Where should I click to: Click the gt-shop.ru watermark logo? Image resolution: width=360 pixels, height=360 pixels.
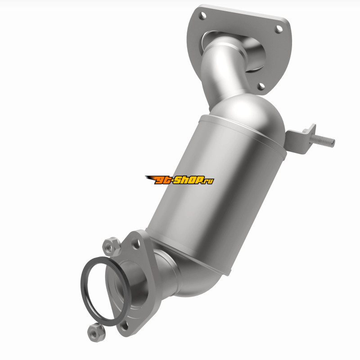180,180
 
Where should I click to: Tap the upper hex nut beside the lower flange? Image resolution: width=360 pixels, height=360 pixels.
111,247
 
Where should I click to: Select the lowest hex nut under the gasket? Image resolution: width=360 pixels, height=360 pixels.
96,332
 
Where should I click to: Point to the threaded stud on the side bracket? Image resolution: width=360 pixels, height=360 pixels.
322,140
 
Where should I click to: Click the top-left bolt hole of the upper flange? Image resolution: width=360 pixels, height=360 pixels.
203,16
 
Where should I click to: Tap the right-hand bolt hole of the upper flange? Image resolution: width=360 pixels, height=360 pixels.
279,29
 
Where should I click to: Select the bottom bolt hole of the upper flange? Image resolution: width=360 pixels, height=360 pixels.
261,86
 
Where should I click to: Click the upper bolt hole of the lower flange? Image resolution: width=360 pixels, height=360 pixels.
136,243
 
